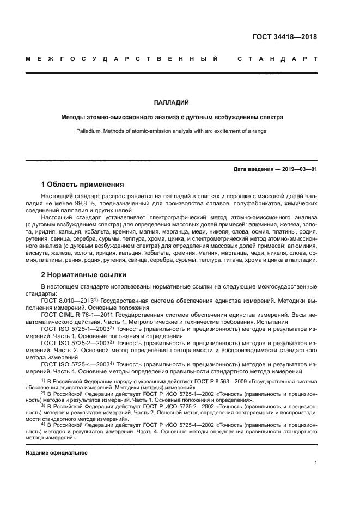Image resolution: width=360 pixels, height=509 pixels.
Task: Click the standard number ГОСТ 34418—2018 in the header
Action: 284,37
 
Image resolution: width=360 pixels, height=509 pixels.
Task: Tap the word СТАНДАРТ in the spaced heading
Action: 277,59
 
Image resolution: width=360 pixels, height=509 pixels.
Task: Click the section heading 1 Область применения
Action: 83,184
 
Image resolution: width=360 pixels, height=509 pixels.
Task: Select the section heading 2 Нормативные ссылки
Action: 84,274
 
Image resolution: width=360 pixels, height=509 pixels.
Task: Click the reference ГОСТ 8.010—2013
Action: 66,300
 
